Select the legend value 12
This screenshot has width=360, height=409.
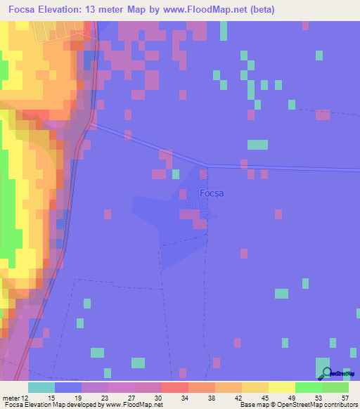(25, 398)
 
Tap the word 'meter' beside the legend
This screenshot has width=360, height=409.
(11, 398)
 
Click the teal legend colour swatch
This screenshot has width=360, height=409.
(41, 387)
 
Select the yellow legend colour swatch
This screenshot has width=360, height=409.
(281, 387)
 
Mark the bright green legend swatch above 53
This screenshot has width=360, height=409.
(308, 387)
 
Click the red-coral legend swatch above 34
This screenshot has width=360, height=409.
(174, 387)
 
